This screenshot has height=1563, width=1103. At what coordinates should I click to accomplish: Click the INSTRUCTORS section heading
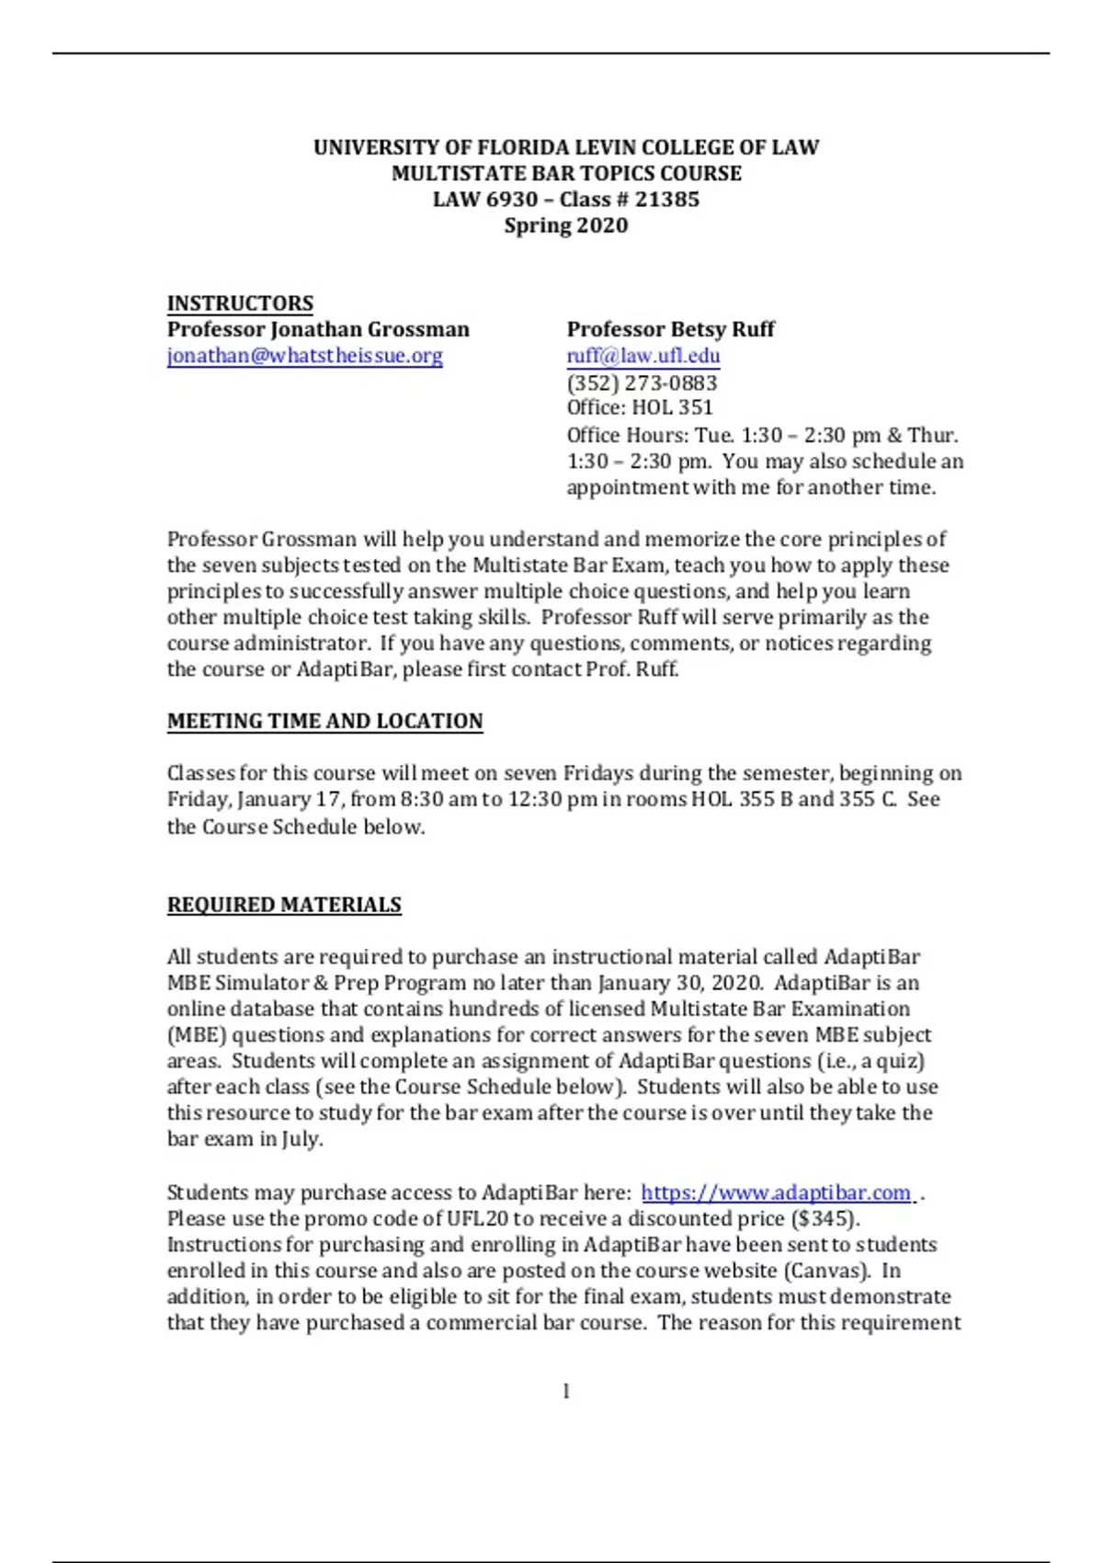pos(240,303)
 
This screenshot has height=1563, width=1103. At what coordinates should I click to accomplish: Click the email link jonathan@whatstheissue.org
pos(304,356)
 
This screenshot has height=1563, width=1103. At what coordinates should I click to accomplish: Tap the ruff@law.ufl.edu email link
pos(642,356)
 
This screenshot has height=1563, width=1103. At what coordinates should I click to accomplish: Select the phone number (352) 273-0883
pos(642,382)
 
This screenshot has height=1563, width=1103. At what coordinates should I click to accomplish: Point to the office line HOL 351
pos(640,408)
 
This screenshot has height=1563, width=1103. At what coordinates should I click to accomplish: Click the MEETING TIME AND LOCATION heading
pos(324,721)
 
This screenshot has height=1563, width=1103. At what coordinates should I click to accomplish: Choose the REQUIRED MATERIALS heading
pos(284,905)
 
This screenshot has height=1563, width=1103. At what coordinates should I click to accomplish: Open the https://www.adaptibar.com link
pos(776,1192)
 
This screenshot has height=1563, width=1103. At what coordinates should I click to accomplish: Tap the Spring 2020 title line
pos(565,226)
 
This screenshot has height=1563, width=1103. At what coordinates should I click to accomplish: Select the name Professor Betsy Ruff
pos(670,329)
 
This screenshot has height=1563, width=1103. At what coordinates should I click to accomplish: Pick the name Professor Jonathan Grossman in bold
pos(318,329)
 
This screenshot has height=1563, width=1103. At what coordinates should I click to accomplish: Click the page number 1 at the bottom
pos(565,1391)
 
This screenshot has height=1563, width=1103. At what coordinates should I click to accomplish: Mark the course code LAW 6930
pos(484,200)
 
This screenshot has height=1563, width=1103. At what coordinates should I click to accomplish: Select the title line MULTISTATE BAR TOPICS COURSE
pos(565,174)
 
